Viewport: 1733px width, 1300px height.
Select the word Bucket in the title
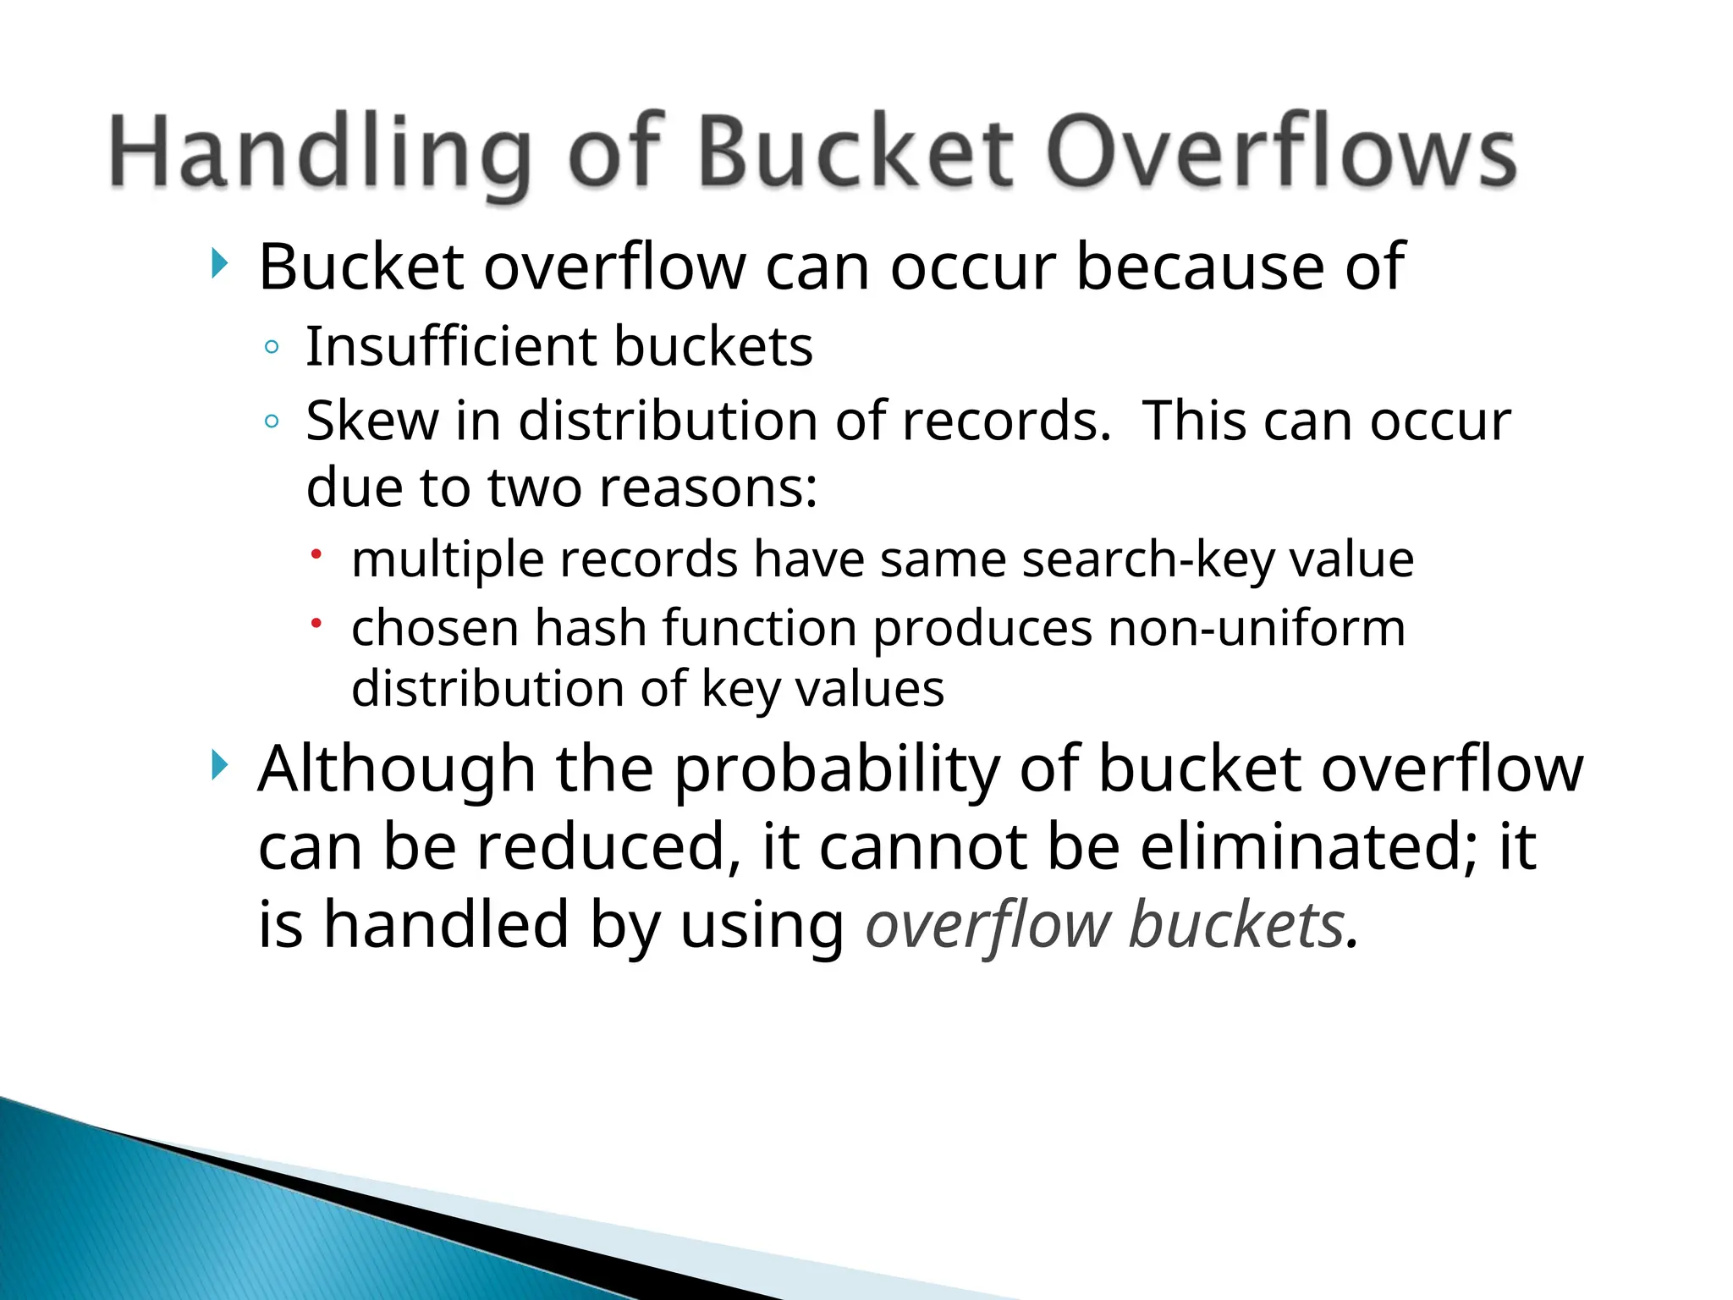tap(855, 152)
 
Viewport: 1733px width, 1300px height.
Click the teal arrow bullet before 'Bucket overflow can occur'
tap(219, 264)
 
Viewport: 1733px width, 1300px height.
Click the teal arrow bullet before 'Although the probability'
tap(219, 766)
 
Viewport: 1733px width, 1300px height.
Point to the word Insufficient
tap(452, 346)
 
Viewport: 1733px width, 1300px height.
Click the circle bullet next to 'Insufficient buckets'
tap(272, 347)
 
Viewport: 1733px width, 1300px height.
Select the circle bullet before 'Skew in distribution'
tap(272, 421)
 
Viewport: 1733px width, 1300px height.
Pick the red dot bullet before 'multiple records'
tap(316, 554)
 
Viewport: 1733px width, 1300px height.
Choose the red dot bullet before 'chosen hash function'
tap(316, 624)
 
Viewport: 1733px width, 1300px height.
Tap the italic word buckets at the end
tap(1236, 924)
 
